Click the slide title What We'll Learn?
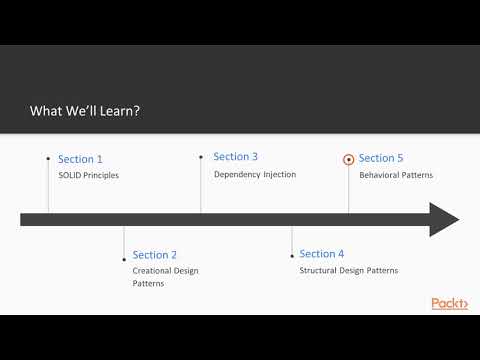click(x=85, y=111)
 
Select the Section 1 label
click(x=80, y=159)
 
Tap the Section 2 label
click(x=154, y=255)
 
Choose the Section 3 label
click(x=236, y=157)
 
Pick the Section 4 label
click(x=322, y=254)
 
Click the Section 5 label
click(x=381, y=158)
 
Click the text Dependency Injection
click(x=255, y=174)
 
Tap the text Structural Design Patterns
click(x=349, y=271)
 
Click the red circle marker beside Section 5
click(x=348, y=158)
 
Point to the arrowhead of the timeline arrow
click(x=444, y=219)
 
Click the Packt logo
click(x=449, y=303)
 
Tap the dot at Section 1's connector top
click(x=48, y=157)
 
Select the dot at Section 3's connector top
click(x=201, y=156)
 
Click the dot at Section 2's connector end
click(x=123, y=255)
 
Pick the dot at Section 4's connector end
click(x=292, y=255)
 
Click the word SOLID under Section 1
click(x=70, y=176)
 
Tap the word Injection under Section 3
click(x=279, y=174)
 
